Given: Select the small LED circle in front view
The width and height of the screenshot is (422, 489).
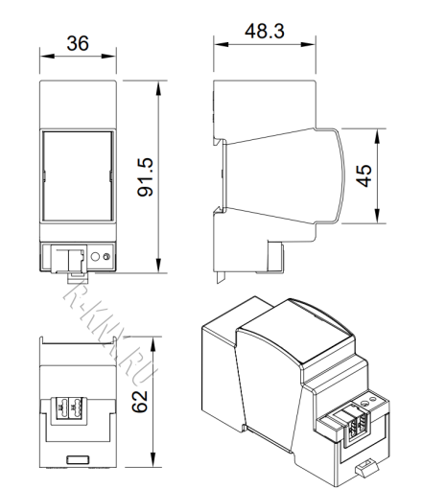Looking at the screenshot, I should click(x=106, y=257).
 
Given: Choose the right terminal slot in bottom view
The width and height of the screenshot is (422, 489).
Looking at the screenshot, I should click(x=82, y=406).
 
